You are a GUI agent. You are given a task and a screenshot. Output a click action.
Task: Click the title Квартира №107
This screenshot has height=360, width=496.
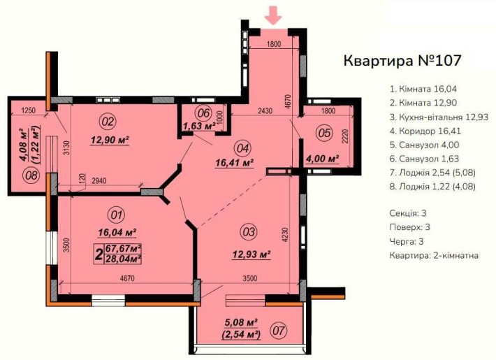[x=402, y=60]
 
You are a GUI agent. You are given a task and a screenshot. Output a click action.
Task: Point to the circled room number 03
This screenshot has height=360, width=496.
[x=249, y=229]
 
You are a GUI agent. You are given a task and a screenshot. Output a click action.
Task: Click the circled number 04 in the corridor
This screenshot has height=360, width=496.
[x=242, y=147]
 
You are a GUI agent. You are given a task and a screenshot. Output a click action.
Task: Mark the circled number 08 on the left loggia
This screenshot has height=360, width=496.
[x=30, y=175]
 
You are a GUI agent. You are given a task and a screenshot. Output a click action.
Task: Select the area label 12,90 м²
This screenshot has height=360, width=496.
[x=112, y=141]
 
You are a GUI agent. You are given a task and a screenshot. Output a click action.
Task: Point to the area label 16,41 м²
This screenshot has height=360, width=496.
[x=233, y=164]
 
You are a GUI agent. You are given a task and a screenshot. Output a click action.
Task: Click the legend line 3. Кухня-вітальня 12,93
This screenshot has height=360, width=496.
[x=438, y=117]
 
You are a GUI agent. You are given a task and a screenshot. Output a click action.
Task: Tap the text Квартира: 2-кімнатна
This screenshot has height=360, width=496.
[x=434, y=256]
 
